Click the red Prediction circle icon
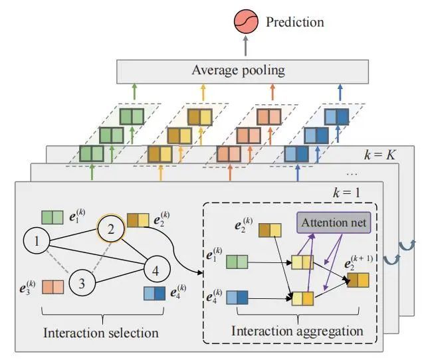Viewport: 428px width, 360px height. point(246,22)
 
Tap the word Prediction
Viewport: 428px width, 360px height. point(294,22)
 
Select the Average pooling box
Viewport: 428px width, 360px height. point(242,70)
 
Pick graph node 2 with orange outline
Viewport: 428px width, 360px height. point(112,229)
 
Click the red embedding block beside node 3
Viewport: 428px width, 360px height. point(53,287)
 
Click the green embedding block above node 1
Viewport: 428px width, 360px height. point(53,217)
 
